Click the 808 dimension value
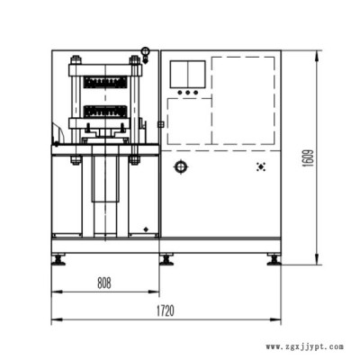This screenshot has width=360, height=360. (104, 283)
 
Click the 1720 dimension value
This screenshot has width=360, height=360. (166, 310)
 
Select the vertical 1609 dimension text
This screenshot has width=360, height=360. (309, 158)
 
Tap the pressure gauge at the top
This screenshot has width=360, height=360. (146, 51)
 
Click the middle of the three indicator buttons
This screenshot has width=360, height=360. (188, 93)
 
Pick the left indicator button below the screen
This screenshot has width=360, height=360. (180, 93)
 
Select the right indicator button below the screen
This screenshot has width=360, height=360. (195, 93)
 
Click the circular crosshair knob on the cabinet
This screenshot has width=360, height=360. (181, 166)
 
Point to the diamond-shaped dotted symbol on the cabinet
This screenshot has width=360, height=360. (261, 166)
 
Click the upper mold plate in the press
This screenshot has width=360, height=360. (105, 82)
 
